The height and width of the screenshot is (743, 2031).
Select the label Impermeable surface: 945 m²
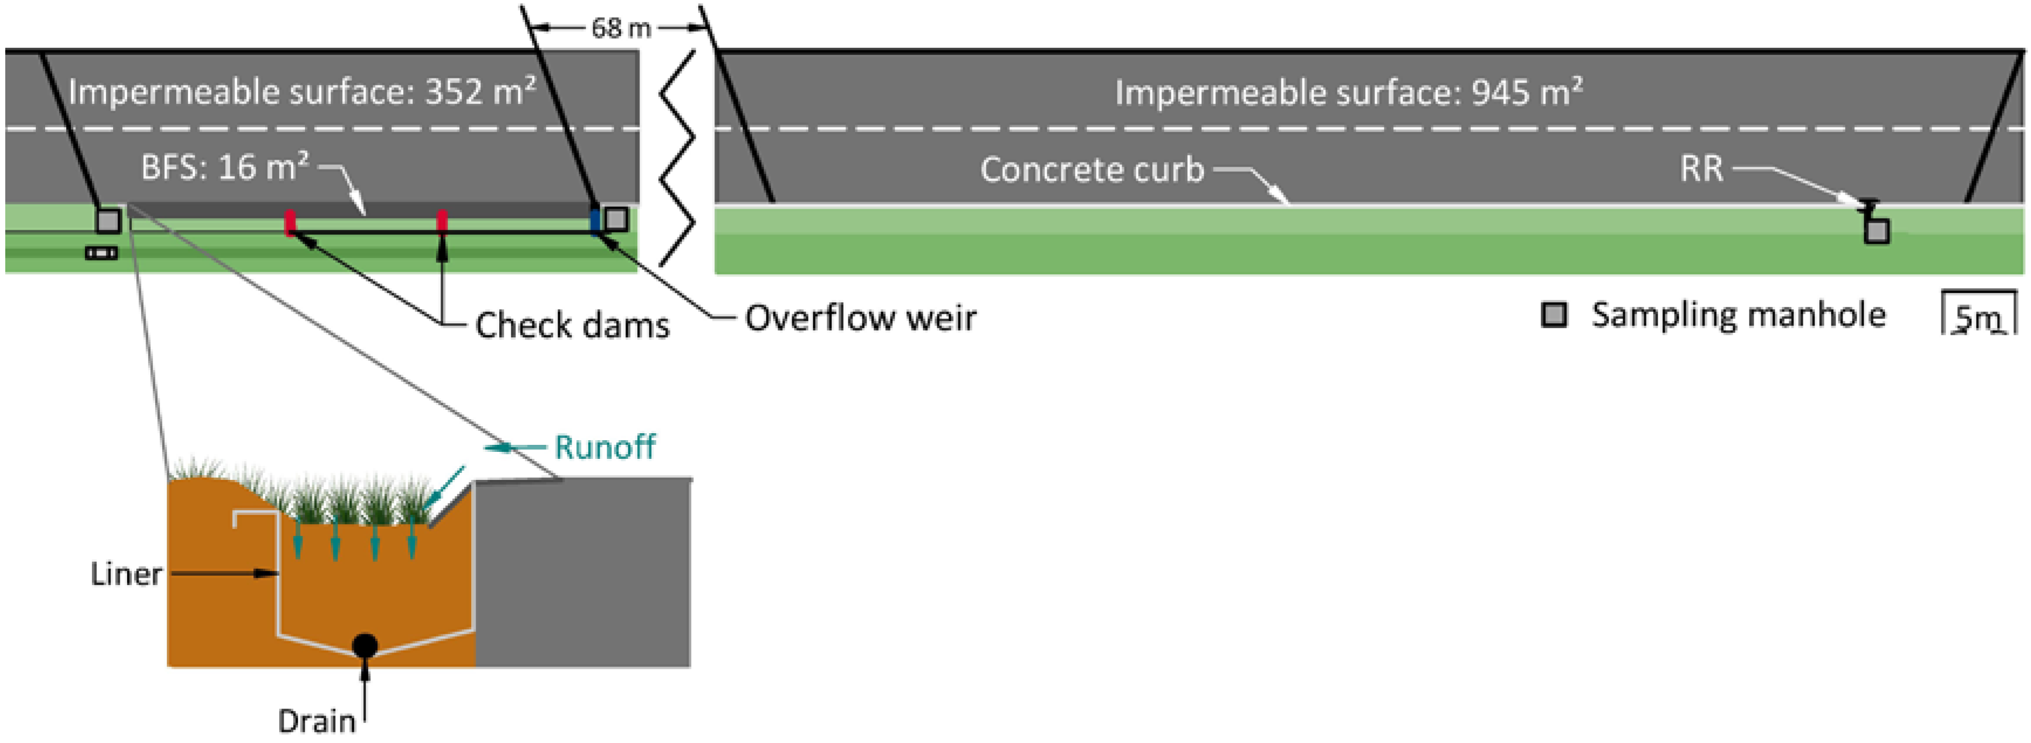pyautogui.click(x=1348, y=92)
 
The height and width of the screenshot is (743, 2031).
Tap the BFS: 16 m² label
pyautogui.click(x=225, y=167)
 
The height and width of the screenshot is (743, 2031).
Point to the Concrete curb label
pyautogui.click(x=1092, y=170)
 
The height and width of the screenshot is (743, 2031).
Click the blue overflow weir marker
pyautogui.click(x=595, y=222)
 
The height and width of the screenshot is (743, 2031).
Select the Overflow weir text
pyautogui.click(x=860, y=317)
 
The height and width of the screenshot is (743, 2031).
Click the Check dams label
pyautogui.click(x=572, y=324)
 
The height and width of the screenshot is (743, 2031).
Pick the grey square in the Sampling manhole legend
pyautogui.click(x=1553, y=315)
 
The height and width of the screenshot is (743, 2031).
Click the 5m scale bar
pyautogui.click(x=1978, y=315)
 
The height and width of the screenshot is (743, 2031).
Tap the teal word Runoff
pyautogui.click(x=604, y=447)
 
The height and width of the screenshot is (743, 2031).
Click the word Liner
pyautogui.click(x=126, y=573)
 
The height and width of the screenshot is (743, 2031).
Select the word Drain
pyautogui.click(x=316, y=720)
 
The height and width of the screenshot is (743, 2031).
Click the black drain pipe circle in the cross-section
pyautogui.click(x=365, y=645)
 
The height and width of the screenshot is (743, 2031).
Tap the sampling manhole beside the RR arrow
pyautogui.click(x=1877, y=231)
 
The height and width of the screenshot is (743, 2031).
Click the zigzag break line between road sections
pyautogui.click(x=676, y=158)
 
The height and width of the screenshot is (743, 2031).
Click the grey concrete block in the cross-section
pyautogui.click(x=583, y=575)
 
